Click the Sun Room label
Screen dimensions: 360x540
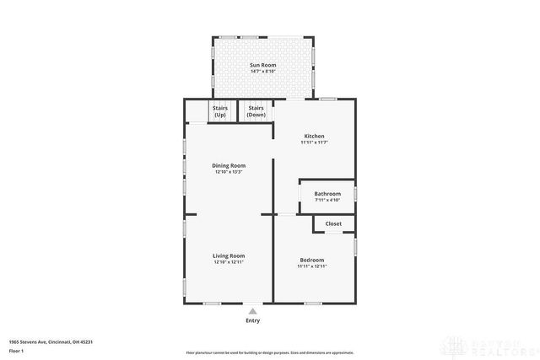tap(262, 65)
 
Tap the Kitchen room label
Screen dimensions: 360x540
tap(313, 136)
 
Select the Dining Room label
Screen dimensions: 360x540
tap(229, 165)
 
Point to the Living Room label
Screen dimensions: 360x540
tap(229, 255)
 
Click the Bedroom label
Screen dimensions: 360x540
tap(313, 260)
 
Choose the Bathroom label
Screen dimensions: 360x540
tap(327, 194)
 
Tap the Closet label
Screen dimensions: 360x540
tap(333, 223)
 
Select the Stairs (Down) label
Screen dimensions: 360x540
tap(256, 110)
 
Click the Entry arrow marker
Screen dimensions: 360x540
tap(252, 311)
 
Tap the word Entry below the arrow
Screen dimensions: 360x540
tap(252, 320)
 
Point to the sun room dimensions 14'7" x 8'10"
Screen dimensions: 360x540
tap(262, 72)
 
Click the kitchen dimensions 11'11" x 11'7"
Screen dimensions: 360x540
tap(313, 142)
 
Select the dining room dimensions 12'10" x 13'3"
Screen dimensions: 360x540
tap(229, 172)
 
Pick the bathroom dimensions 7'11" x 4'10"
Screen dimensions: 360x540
tap(327, 200)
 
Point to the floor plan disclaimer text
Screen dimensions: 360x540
tap(270, 351)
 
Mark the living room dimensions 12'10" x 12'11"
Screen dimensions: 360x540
tap(229, 262)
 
